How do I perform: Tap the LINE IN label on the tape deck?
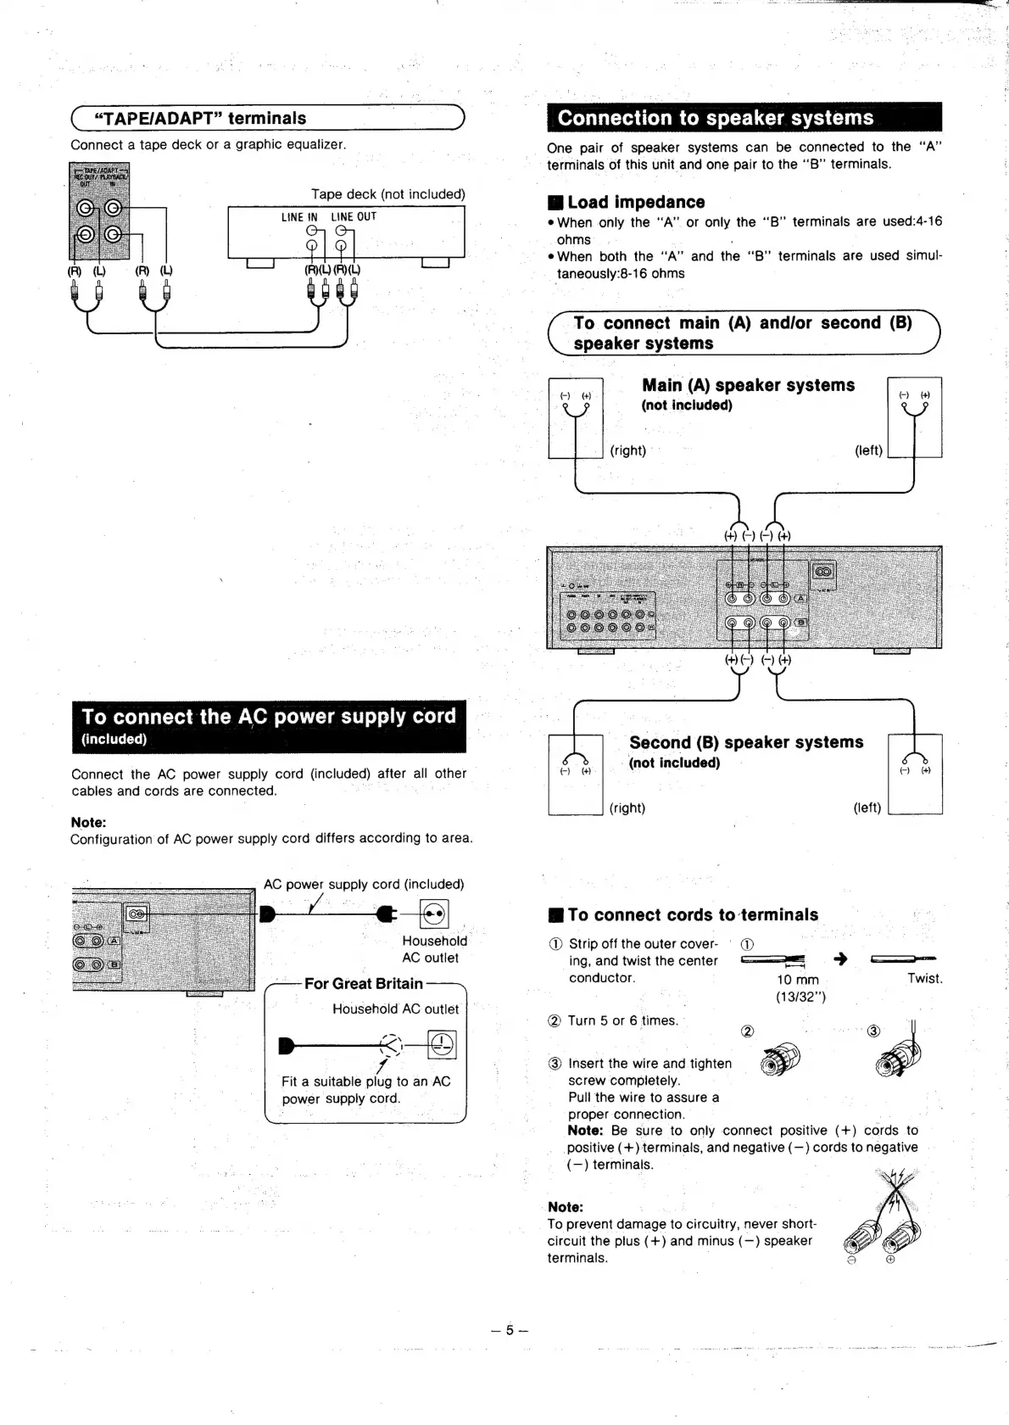299,217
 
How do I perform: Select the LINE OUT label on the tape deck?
354,217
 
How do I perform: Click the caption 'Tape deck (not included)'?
388,194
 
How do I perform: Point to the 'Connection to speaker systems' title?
716,118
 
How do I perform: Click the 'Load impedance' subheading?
636,202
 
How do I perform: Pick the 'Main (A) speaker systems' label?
748,385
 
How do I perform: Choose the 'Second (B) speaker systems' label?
746,742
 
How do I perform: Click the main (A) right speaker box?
575,417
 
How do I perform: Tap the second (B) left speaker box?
914,774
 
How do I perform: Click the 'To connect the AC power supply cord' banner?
269,717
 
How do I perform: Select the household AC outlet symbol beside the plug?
434,914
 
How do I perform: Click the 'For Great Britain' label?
363,984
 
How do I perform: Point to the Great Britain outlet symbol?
442,1043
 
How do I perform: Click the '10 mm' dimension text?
798,980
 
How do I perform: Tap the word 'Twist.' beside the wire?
924,978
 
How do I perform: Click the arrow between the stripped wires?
841,959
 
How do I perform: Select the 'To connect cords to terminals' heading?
693,914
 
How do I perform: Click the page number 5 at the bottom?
510,1330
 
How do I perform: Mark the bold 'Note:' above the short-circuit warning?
566,1207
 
